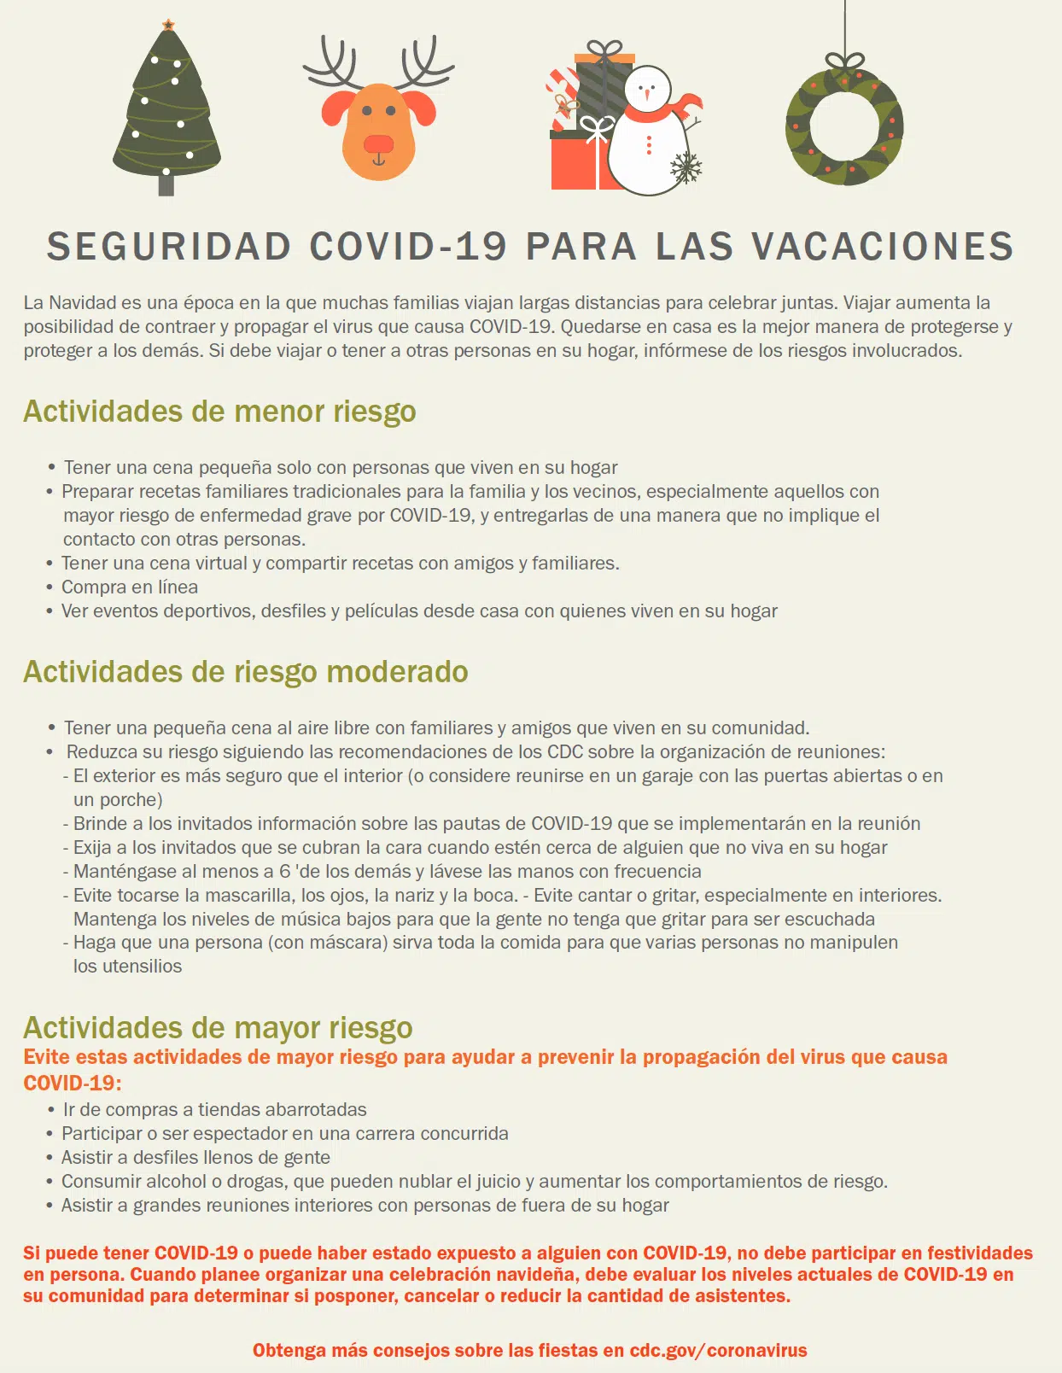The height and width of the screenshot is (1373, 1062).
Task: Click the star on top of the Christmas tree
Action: tap(168, 25)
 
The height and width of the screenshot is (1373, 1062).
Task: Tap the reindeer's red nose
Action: tap(378, 143)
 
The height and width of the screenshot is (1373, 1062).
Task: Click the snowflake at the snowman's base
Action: tap(686, 167)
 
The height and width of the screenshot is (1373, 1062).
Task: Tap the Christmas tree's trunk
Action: tap(166, 184)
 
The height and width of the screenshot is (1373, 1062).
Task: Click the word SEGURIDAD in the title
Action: tap(169, 247)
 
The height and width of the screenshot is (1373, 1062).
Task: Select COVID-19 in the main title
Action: tap(408, 247)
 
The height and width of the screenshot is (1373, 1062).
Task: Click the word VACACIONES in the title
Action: tap(883, 247)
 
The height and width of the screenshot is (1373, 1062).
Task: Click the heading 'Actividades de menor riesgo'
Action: tap(219, 412)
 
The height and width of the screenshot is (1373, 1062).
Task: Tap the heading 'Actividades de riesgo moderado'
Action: tap(246, 672)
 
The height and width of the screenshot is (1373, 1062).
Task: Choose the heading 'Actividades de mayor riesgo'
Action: tap(218, 1028)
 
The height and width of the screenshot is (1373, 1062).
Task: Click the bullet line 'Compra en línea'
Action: tap(130, 587)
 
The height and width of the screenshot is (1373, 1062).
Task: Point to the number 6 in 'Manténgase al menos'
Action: tap(284, 872)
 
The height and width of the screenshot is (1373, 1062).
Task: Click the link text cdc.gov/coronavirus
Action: tap(718, 1351)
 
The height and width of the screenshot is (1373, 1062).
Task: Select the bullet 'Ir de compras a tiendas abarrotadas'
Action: tap(214, 1110)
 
